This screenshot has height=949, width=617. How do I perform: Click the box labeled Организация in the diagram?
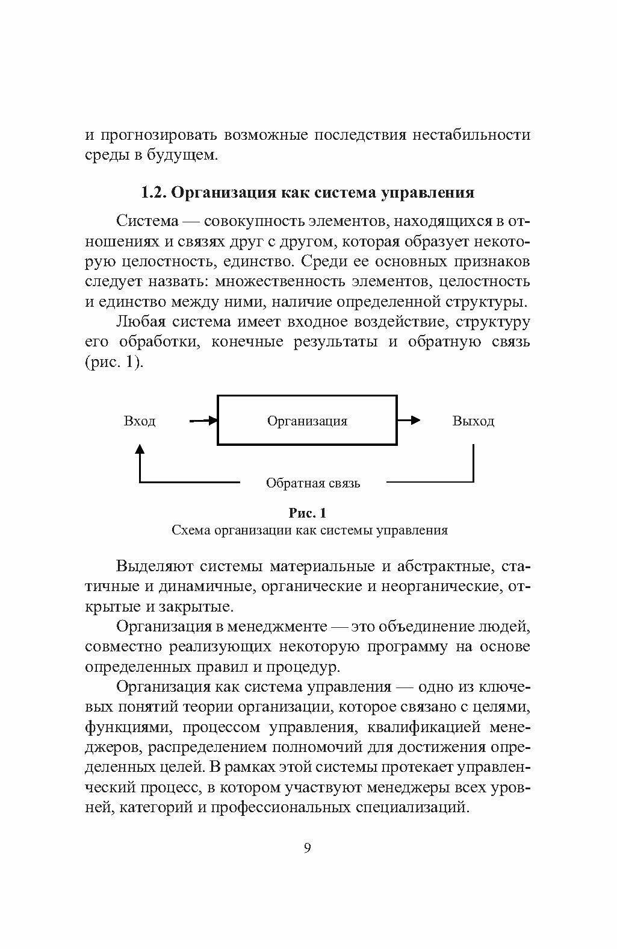[x=307, y=421]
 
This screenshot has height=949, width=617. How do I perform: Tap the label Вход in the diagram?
[x=140, y=421]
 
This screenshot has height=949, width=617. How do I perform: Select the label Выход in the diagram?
[x=473, y=421]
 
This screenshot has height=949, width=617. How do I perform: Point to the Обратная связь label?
[x=313, y=483]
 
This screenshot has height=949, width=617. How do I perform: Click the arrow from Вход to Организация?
[x=203, y=421]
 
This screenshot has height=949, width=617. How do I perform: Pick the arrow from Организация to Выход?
[x=409, y=421]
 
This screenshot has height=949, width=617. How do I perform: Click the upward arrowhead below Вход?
[x=140, y=449]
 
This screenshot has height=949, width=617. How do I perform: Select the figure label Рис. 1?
[x=308, y=513]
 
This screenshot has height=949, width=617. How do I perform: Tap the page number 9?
[x=308, y=848]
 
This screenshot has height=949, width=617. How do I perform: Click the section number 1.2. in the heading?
[x=153, y=193]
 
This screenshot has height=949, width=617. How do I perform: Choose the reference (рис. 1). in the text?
[x=114, y=362]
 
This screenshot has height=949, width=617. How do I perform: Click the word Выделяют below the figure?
[x=154, y=566]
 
